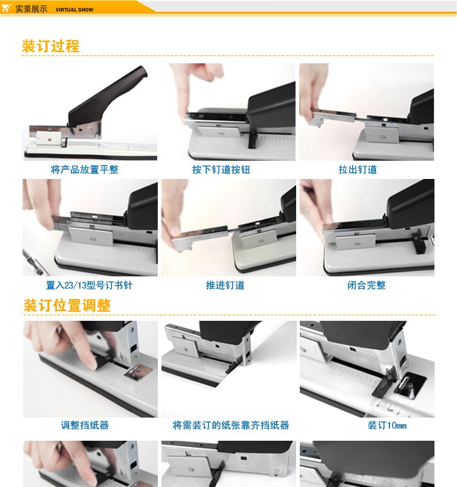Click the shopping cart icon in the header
tap(7, 8)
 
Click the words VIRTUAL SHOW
tap(74, 10)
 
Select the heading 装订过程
tap(51, 46)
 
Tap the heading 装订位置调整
tap(67, 306)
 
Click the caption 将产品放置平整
tap(85, 170)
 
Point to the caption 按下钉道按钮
tap(221, 170)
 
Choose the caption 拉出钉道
tap(358, 170)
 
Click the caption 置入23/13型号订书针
tap(89, 285)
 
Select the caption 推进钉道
tap(225, 285)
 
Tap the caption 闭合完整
tap(367, 285)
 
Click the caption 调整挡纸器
tap(85, 425)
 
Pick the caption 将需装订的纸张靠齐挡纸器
tap(231, 425)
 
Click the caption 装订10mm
tap(387, 425)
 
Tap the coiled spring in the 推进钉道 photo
tap(235, 231)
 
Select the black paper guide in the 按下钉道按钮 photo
tap(252, 140)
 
